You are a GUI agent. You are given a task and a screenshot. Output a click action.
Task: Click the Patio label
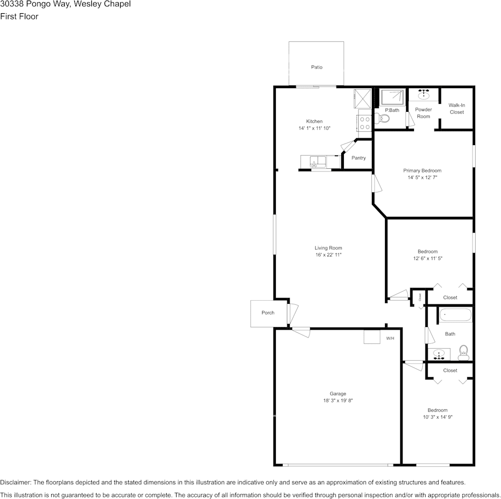tap(316, 67)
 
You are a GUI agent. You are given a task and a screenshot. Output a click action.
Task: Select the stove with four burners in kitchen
tap(364, 123)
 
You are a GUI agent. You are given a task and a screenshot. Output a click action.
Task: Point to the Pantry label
tap(359, 158)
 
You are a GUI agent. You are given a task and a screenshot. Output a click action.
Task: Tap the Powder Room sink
tap(423, 95)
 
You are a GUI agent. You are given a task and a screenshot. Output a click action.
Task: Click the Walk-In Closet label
tap(457, 109)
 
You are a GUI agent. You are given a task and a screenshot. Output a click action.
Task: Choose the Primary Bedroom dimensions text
tap(422, 178)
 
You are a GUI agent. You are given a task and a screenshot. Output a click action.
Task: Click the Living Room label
tap(329, 248)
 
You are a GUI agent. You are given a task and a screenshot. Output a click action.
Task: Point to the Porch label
tap(268, 313)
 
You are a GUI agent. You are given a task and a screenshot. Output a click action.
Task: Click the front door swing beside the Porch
tap(293, 313)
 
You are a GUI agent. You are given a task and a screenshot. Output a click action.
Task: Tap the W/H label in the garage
tap(390, 338)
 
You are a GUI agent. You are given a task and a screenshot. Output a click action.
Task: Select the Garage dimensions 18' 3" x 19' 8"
tap(338, 401)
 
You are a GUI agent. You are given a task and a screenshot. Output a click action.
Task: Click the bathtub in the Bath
tap(456, 315)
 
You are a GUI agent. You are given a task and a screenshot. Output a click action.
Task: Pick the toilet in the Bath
tap(464, 352)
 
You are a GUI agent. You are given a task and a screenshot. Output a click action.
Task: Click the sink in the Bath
tap(438, 354)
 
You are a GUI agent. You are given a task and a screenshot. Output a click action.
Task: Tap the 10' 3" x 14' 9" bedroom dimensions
tap(438, 417)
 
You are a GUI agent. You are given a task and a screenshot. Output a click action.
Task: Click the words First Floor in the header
tap(19, 16)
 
